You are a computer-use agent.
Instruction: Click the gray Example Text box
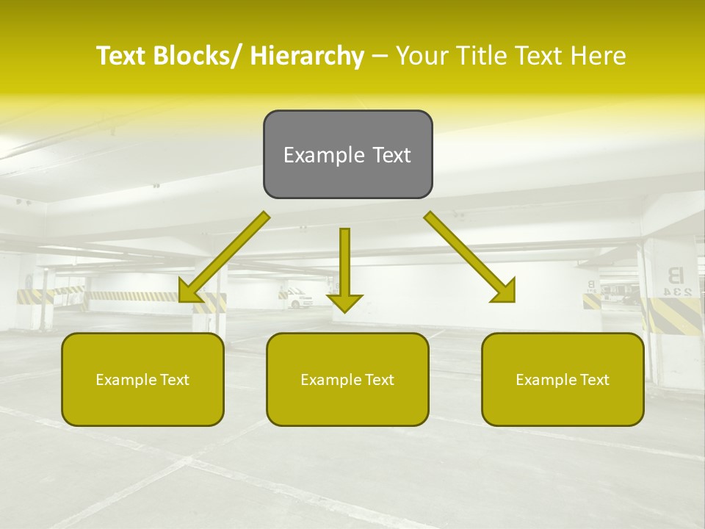coord(347,154)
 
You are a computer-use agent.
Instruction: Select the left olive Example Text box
coord(142,379)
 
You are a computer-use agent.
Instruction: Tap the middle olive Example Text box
coord(347,379)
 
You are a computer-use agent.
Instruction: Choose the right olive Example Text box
coord(563,379)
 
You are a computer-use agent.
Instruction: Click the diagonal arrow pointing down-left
coord(224,257)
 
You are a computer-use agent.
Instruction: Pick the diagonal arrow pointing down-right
coord(470,257)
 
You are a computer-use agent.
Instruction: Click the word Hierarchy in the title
coord(307,56)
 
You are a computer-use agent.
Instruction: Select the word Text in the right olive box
coord(593,380)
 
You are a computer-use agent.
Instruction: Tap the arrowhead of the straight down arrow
coord(344,303)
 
